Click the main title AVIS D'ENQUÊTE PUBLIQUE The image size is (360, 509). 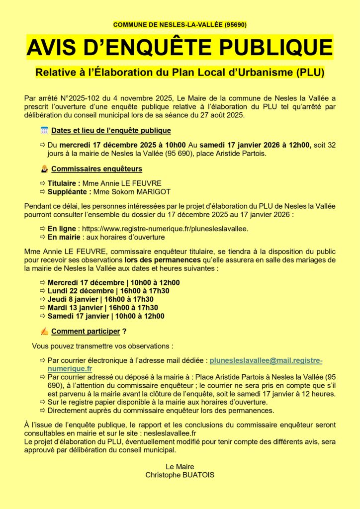180,47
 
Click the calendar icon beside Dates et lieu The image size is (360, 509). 44,131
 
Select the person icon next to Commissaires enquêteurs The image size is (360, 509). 44,169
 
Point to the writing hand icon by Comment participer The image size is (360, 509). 44,331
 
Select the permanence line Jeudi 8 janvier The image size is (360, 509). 100,299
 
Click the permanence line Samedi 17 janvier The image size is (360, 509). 105,316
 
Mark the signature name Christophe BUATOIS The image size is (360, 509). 180,475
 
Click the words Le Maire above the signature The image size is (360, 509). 180,466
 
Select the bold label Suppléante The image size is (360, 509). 67,191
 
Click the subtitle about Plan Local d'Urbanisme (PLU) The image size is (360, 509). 180,73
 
